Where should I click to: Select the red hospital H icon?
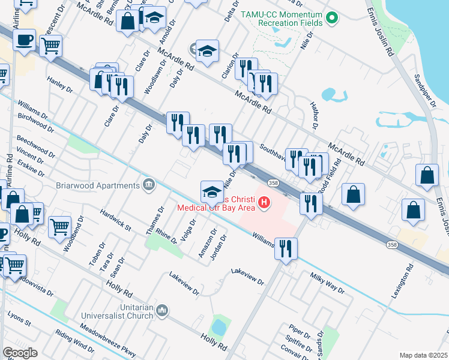[x=264, y=205]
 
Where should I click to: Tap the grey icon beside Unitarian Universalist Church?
[x=161, y=310]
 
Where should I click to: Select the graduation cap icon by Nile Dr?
[x=211, y=192]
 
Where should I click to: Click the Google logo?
[x=20, y=353]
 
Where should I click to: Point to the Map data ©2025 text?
[x=423, y=355]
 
